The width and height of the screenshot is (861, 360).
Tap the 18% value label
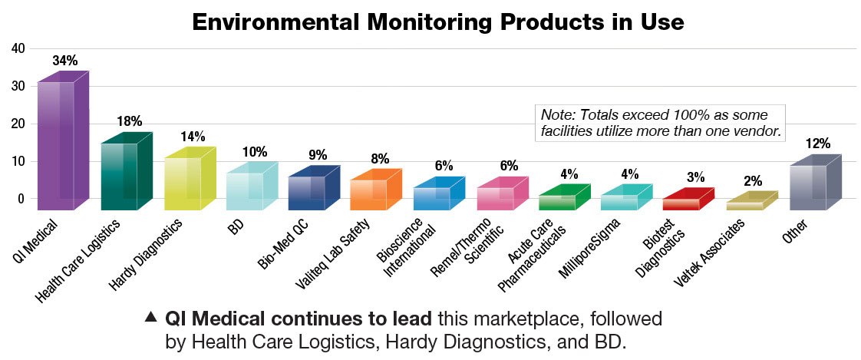click(x=129, y=121)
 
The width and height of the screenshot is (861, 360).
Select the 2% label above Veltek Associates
click(x=753, y=182)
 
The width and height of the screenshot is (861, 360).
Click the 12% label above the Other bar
click(x=817, y=144)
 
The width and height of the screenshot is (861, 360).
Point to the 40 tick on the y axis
click(x=18, y=48)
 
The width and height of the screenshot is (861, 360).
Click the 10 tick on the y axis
click(x=18, y=161)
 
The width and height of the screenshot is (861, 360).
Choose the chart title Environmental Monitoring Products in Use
click(x=437, y=21)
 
